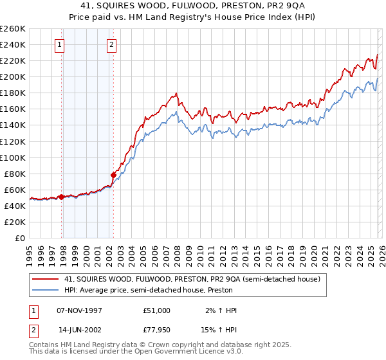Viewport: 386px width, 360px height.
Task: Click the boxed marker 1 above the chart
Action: click(60, 45)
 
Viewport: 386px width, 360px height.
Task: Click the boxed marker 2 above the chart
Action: click(111, 45)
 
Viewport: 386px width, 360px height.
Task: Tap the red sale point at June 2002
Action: click(114, 174)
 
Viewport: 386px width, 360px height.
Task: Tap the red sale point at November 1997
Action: click(62, 197)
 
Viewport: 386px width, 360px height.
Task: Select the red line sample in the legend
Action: click(46, 279)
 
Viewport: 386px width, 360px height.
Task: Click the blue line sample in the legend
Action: click(46, 291)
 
